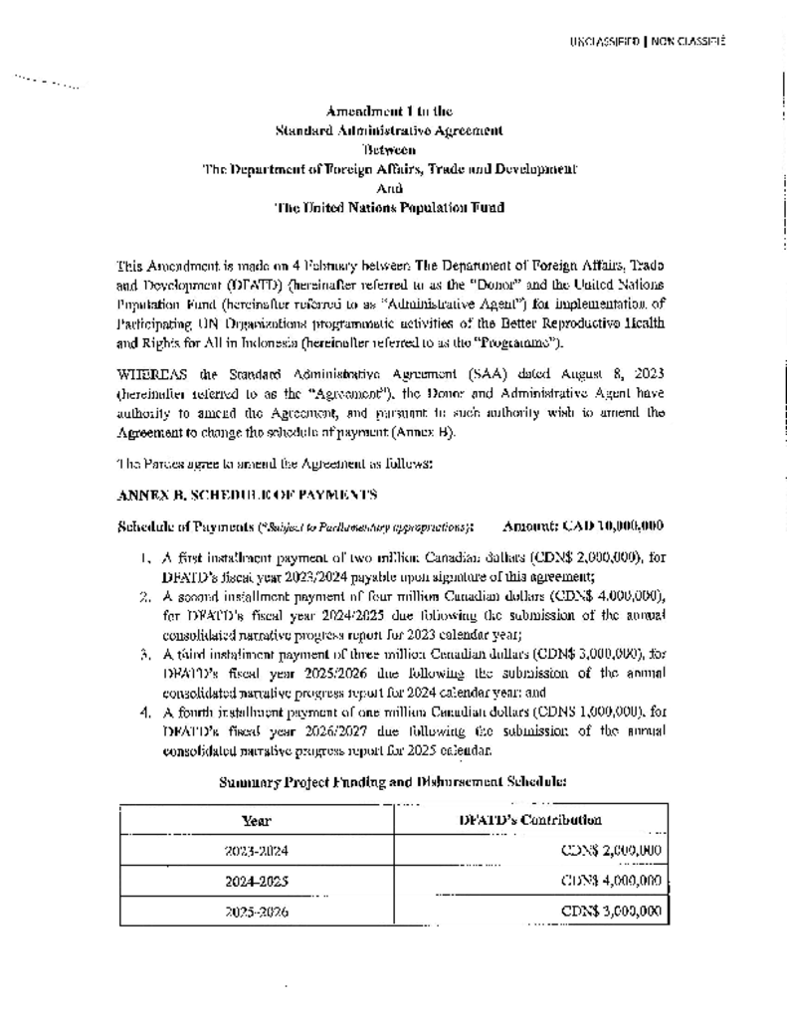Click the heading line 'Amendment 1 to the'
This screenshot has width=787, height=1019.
(390, 111)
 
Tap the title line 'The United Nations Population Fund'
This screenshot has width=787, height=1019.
(389, 207)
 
